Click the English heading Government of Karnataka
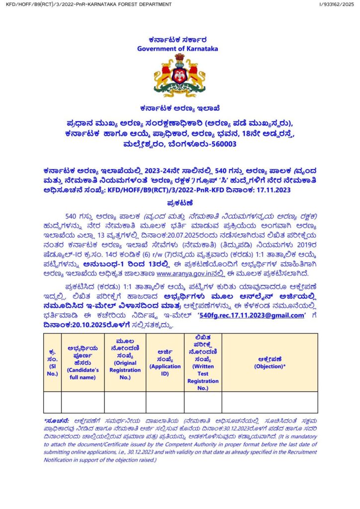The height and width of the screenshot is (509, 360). click(178, 49)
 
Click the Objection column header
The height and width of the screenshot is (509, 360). click(270, 363)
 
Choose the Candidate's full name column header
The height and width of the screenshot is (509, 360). click(83, 363)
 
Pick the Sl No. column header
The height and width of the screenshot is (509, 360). click(52, 363)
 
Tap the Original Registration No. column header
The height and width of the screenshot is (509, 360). click(125, 363)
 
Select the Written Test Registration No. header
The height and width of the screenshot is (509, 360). click(203, 363)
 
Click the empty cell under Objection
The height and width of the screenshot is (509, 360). click(270, 402)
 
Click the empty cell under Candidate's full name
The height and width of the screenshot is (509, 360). click(83, 402)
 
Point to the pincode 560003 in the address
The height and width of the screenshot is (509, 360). click(221, 145)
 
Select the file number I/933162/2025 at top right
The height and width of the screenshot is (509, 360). click(337, 4)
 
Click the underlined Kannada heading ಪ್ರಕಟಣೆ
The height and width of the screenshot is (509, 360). click(180, 203)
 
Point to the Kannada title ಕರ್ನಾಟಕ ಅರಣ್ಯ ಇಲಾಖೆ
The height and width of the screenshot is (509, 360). click(180, 108)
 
